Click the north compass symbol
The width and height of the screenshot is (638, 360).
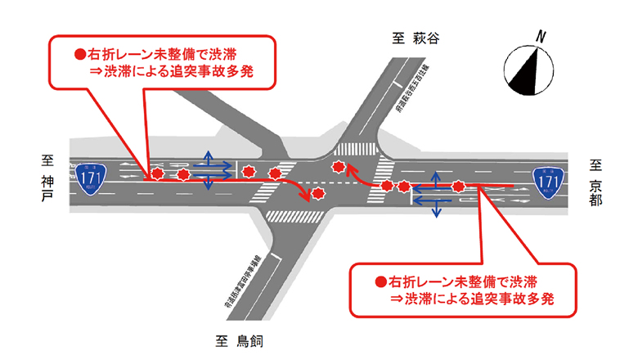pyautogui.click(x=529, y=68)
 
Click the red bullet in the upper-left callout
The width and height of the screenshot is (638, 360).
pyautogui.click(x=80, y=54)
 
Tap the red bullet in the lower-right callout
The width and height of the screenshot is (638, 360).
pyautogui.click(x=380, y=281)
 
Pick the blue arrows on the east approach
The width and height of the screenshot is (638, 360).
pyautogui.click(x=434, y=196)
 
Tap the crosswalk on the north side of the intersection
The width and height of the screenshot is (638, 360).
pyautogui.click(x=353, y=150)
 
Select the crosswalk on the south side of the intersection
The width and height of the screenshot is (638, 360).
pyautogui.click(x=292, y=216)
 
